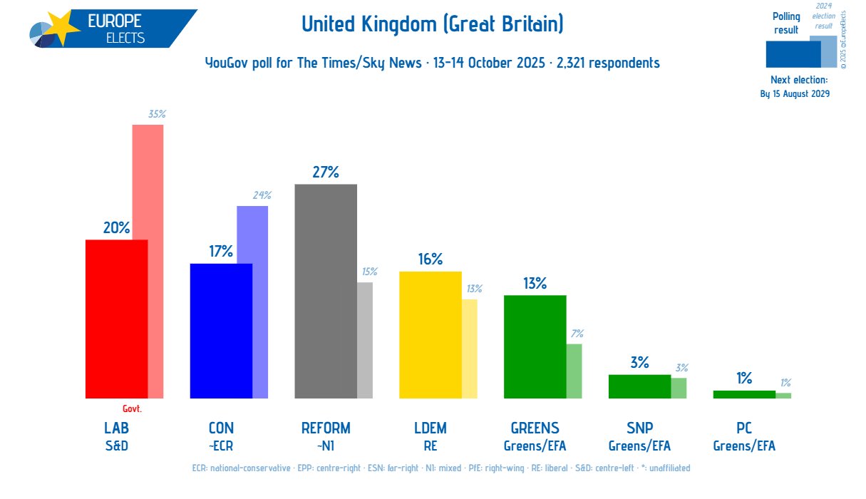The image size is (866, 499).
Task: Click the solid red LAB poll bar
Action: click(116, 319)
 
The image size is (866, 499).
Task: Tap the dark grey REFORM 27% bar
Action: click(325, 291)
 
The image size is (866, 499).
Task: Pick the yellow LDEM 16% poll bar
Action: click(430, 334)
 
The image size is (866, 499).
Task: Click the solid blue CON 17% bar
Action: click(220, 331)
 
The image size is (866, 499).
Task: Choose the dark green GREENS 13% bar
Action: click(535, 346)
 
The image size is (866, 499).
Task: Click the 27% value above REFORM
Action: click(325, 172)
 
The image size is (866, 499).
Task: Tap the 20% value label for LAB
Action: click(116, 227)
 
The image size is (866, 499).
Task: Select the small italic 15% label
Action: click(369, 272)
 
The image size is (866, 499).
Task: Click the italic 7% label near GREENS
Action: click(577, 333)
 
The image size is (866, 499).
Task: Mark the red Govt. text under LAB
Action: click(132, 408)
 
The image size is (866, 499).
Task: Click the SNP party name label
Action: click(639, 428)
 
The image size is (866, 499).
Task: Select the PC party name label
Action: click(744, 428)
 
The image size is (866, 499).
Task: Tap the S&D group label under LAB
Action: click(116, 446)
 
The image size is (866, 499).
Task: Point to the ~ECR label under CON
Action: click(220, 446)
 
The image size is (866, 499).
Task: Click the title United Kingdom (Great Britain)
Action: click(433, 25)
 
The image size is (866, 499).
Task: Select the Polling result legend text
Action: click(786, 23)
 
